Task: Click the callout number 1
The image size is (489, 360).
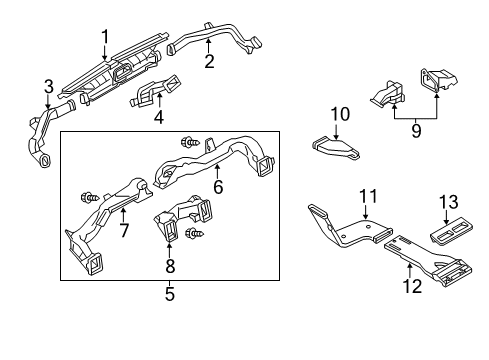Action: click(x=105, y=37)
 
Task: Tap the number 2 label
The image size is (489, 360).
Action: click(x=209, y=61)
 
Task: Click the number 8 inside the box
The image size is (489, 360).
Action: click(x=170, y=265)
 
